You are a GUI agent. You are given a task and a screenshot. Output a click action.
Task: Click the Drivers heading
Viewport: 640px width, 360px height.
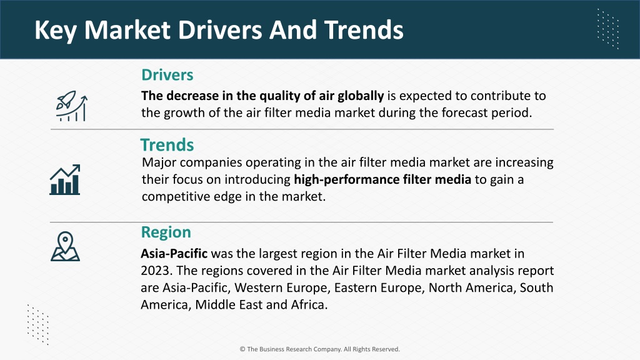pyautogui.click(x=167, y=75)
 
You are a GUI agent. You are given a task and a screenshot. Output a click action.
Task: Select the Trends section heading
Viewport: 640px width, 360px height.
pyautogui.click(x=167, y=145)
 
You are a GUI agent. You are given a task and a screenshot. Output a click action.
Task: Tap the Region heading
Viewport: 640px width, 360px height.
pyautogui.click(x=166, y=232)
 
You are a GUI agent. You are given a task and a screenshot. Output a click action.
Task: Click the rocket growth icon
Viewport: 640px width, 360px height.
pyautogui.click(x=72, y=106)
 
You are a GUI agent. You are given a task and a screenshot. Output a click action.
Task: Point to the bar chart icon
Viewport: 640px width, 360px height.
pyautogui.click(x=65, y=179)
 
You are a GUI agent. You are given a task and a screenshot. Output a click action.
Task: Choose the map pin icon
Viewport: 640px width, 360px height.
pyautogui.click(x=65, y=246)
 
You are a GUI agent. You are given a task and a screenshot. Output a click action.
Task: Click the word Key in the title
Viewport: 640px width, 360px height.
pyautogui.click(x=55, y=30)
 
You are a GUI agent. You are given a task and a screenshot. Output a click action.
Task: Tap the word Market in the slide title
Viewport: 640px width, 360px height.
pyautogui.click(x=127, y=30)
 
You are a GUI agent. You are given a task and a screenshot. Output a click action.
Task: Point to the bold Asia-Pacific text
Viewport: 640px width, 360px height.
pyautogui.click(x=174, y=254)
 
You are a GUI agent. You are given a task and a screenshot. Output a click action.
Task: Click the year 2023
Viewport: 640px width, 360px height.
pyautogui.click(x=157, y=271)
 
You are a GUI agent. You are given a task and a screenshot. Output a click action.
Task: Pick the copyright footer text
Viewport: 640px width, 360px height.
pyautogui.click(x=319, y=349)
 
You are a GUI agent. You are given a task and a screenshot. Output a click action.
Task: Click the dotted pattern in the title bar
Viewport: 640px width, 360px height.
pyautogui.click(x=608, y=29)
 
